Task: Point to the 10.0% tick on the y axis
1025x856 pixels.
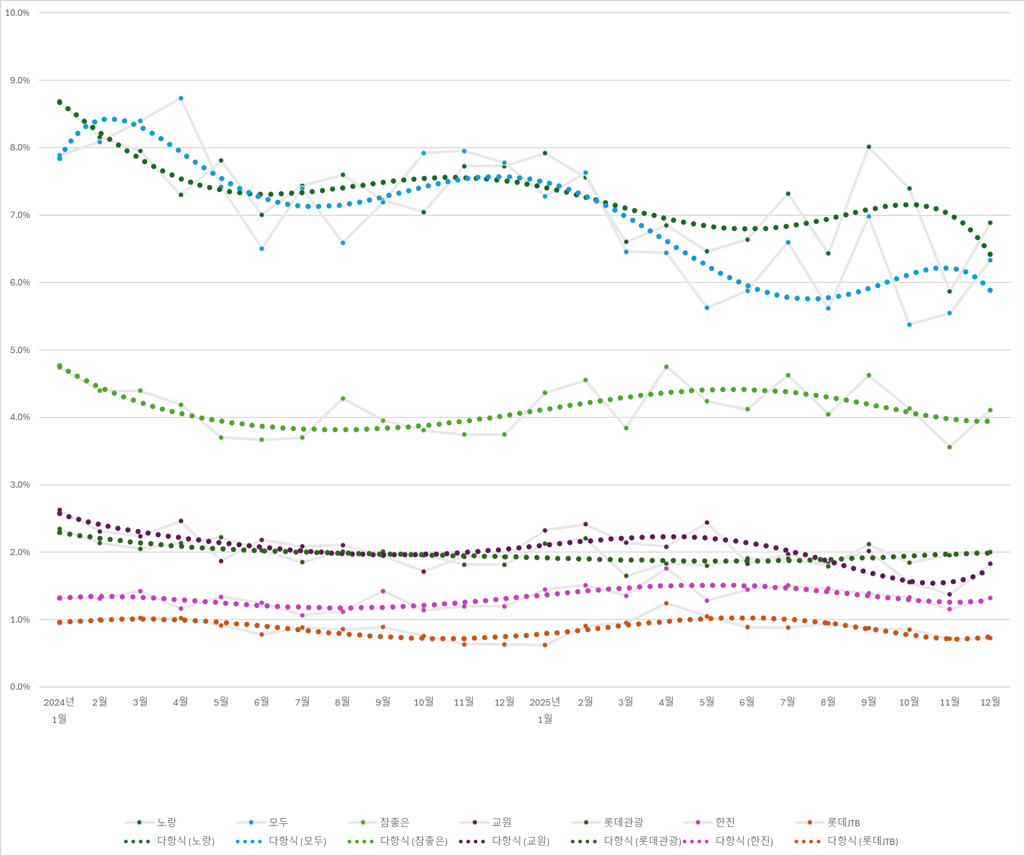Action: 17,13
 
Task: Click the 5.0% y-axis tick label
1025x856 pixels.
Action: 20,350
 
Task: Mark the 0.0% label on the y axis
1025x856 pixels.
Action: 20,687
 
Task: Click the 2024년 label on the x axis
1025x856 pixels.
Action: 59,702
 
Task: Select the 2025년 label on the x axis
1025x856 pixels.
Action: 545,702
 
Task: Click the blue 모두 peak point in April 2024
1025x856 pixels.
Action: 181,98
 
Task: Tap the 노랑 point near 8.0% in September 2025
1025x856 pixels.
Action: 869,147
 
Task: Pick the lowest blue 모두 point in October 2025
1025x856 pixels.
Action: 909,325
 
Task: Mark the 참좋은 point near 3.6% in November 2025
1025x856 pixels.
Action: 950,447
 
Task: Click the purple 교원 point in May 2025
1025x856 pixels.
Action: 707,522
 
